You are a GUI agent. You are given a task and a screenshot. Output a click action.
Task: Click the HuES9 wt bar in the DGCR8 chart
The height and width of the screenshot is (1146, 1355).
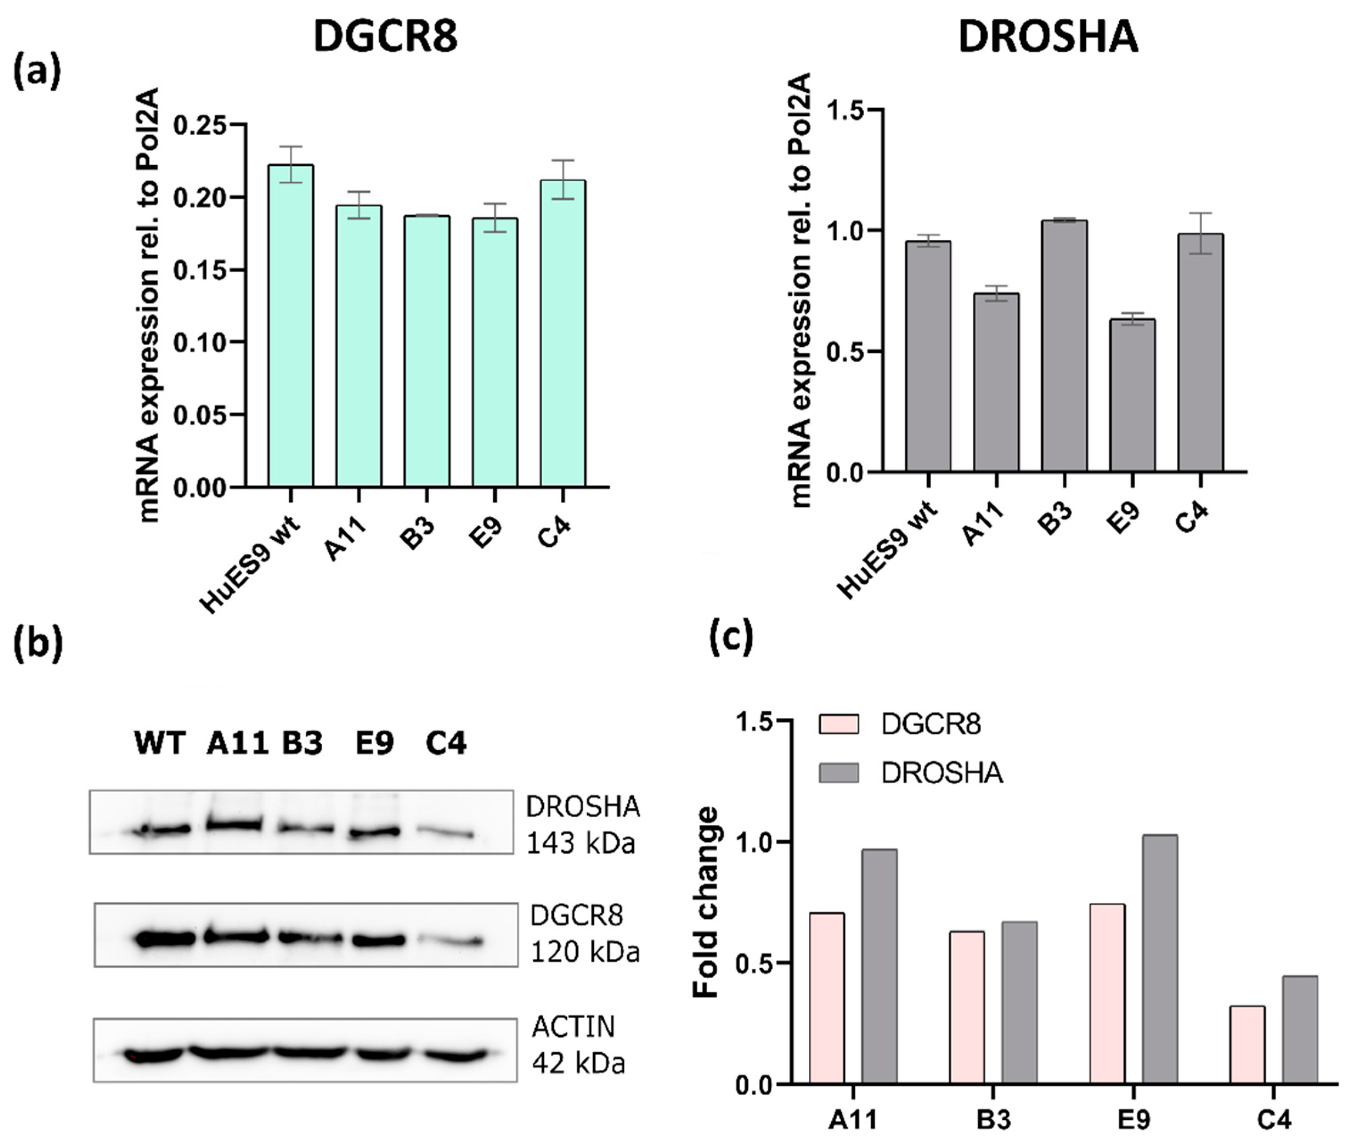pyautogui.click(x=291, y=325)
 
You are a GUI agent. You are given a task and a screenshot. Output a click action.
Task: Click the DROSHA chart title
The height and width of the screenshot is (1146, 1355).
pyautogui.click(x=1048, y=37)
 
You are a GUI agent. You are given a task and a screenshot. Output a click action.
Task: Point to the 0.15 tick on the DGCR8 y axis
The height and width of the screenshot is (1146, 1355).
pyautogui.click(x=207, y=270)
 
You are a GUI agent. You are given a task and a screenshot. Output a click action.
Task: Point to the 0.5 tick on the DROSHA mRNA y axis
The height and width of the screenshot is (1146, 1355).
pyautogui.click(x=847, y=352)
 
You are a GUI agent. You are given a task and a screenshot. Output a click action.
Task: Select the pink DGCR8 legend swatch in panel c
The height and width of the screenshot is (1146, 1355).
pyautogui.click(x=838, y=724)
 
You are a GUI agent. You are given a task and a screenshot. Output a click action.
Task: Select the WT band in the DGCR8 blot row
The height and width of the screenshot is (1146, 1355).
pyautogui.click(x=164, y=938)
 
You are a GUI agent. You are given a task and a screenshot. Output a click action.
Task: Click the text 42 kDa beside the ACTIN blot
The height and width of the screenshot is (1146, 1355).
pyautogui.click(x=578, y=1064)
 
